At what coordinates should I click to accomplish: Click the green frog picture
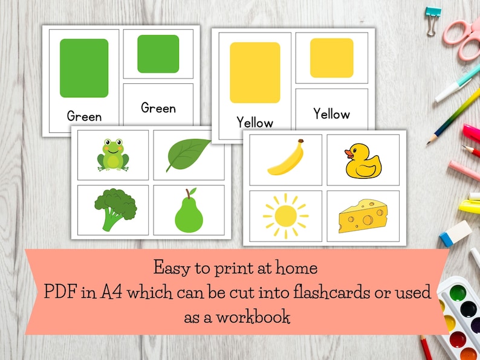click(113, 155)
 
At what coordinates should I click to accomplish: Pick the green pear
click(188, 211)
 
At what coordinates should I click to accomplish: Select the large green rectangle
click(84, 68)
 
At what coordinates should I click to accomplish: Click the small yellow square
click(331, 58)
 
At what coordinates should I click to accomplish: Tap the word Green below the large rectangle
click(84, 116)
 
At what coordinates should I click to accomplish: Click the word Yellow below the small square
click(331, 114)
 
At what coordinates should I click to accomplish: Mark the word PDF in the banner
click(62, 292)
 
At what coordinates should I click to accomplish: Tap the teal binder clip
click(433, 14)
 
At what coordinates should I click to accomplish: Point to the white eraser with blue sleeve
click(455, 233)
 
